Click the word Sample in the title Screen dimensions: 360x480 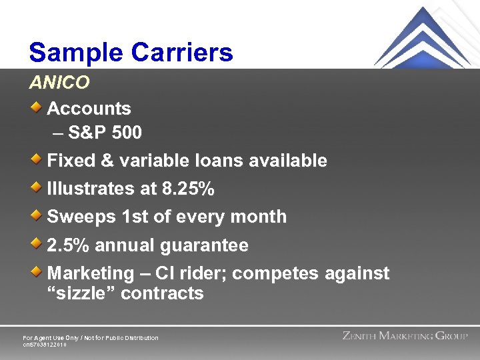tap(75, 52)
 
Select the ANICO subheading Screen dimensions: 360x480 tap(59, 83)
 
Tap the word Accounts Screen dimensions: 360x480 tap(89, 108)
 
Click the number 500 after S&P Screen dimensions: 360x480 tap(127, 133)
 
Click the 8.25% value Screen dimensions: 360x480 tap(188, 189)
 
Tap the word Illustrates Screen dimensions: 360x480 tap(91, 189)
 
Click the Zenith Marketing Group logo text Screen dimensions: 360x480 tap(405, 336)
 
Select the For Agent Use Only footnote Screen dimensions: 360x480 tap(91, 338)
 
